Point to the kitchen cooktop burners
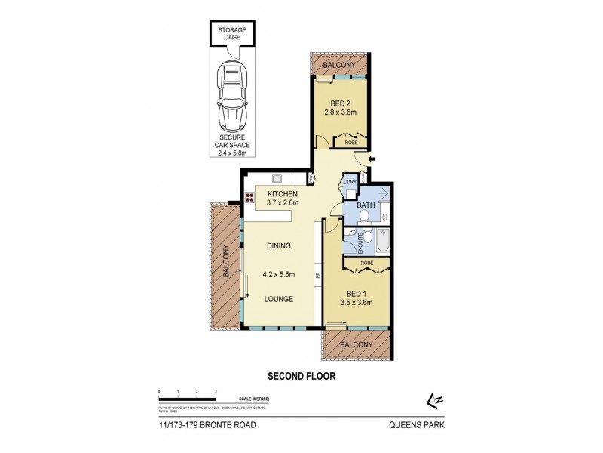click(x=248, y=199)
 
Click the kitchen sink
click(x=276, y=178)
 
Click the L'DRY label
click(x=349, y=182)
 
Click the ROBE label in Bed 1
click(x=366, y=263)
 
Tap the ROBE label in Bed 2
click(x=351, y=141)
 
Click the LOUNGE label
click(x=278, y=299)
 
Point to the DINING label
click(x=278, y=245)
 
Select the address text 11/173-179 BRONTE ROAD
click(x=207, y=426)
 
